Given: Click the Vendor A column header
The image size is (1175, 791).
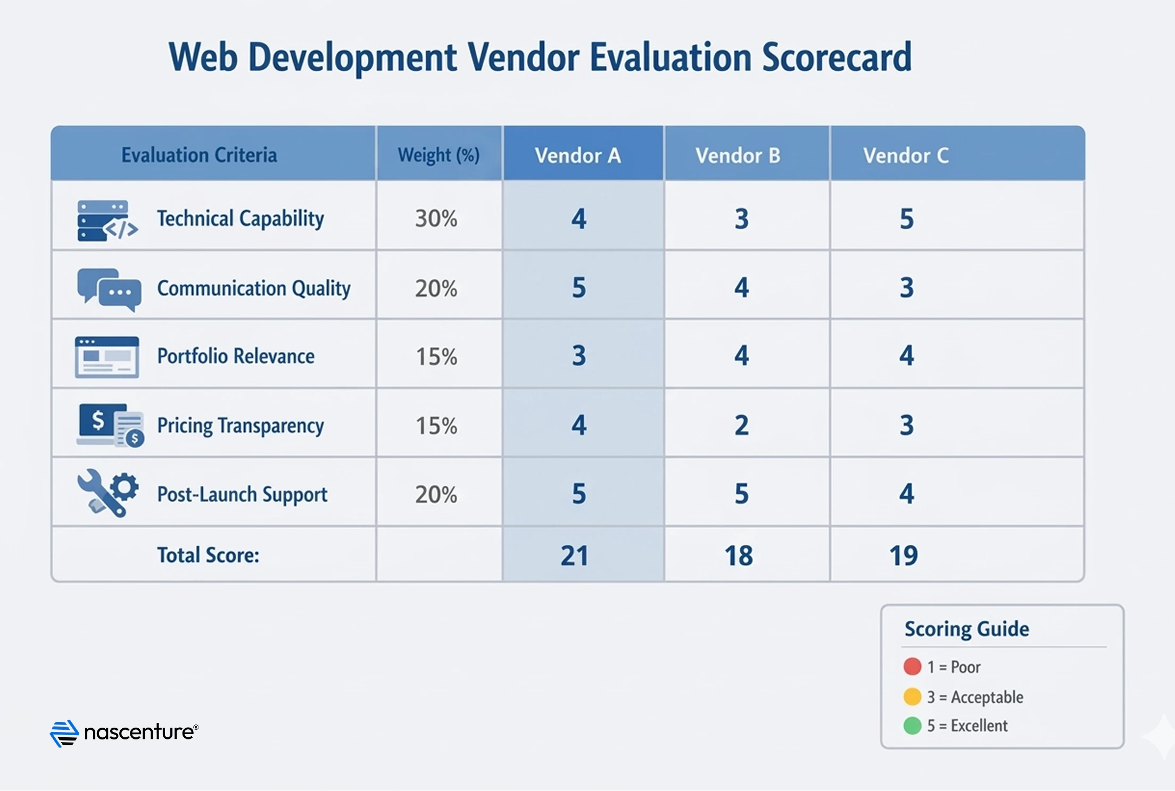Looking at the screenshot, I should [x=578, y=155].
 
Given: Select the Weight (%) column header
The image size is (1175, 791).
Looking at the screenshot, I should [x=438, y=155].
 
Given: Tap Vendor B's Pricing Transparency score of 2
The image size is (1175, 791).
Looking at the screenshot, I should [x=741, y=425].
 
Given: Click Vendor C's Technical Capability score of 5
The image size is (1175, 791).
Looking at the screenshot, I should [x=906, y=219].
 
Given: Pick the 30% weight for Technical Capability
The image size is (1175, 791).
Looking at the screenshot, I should [x=436, y=219].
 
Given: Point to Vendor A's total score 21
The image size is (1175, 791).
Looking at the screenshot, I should [x=574, y=555].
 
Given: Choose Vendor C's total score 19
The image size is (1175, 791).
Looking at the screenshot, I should [x=903, y=555].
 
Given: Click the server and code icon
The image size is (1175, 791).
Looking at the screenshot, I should [x=106, y=221].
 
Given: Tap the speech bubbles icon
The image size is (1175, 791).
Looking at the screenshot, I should [x=109, y=289].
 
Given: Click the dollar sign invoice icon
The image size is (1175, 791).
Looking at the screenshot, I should [x=110, y=424].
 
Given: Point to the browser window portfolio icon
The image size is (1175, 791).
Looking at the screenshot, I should [x=107, y=357].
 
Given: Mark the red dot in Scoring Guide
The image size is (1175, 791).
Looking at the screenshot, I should [x=912, y=667].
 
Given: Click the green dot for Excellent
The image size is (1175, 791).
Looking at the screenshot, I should [x=912, y=726].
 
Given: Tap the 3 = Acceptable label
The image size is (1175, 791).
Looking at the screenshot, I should [x=974, y=697].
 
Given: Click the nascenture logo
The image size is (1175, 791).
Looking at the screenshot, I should [x=124, y=733].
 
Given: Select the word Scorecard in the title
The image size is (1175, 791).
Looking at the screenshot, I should [x=837, y=57].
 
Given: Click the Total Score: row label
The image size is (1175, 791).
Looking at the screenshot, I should [x=208, y=555].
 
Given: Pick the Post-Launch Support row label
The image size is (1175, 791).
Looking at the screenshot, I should [x=242, y=494].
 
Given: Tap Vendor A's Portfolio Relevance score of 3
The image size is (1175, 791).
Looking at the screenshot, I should [x=578, y=355].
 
